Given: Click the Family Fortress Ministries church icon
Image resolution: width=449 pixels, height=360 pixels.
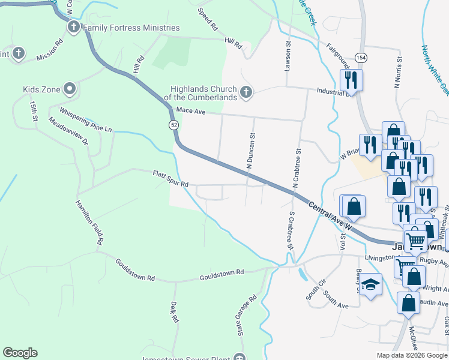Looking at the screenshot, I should pos(74,27).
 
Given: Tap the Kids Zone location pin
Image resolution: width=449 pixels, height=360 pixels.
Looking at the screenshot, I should pos(70,89).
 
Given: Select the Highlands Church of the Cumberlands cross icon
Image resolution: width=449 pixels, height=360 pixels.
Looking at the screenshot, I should pos(245,92).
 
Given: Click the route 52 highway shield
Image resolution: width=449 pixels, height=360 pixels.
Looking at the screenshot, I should pos(173,124).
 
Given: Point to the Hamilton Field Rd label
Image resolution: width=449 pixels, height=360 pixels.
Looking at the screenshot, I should pos(89,222).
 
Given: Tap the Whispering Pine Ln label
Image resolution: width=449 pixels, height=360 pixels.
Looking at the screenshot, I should pos(85,120).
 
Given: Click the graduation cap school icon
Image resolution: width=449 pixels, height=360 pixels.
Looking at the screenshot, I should pos(370,284).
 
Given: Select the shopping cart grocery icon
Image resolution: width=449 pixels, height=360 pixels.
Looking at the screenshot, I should pos(415,241).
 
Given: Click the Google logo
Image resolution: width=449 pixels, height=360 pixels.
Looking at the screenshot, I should pos(20,353).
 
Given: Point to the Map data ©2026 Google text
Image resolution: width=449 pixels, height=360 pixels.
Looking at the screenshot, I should pos(411,355).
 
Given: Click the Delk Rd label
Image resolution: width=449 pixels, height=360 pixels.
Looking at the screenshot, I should pos(174,312).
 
